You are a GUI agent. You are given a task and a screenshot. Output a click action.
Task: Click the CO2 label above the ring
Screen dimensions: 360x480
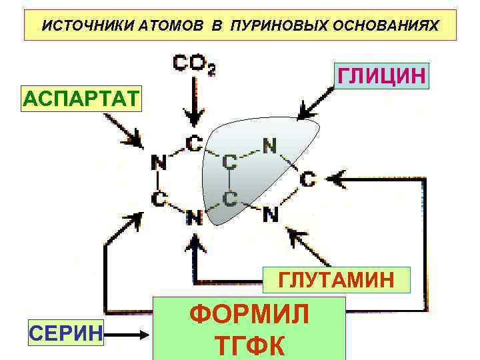point(193,64)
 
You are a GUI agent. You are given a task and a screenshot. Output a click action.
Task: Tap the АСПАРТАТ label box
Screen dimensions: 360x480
point(81,99)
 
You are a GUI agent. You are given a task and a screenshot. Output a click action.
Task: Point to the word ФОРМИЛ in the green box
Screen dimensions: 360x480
point(250,314)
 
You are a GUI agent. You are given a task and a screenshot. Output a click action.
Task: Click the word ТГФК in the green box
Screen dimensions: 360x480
point(250,345)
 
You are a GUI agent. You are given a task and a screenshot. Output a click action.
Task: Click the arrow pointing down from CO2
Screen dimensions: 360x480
point(193,100)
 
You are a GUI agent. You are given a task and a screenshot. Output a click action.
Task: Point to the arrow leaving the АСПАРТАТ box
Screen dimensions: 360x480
point(123,131)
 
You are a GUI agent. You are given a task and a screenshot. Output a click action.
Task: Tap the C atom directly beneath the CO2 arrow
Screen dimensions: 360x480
point(193,142)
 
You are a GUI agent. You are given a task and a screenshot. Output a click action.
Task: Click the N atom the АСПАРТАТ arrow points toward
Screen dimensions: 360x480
point(159,162)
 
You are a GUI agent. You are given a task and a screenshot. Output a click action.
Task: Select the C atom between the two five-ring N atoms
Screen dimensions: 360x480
point(307,179)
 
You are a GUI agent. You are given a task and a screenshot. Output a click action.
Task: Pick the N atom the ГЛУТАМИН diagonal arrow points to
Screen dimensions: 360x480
point(270,214)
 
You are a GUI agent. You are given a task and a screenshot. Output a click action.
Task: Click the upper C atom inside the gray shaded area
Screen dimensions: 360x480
point(229,161)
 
